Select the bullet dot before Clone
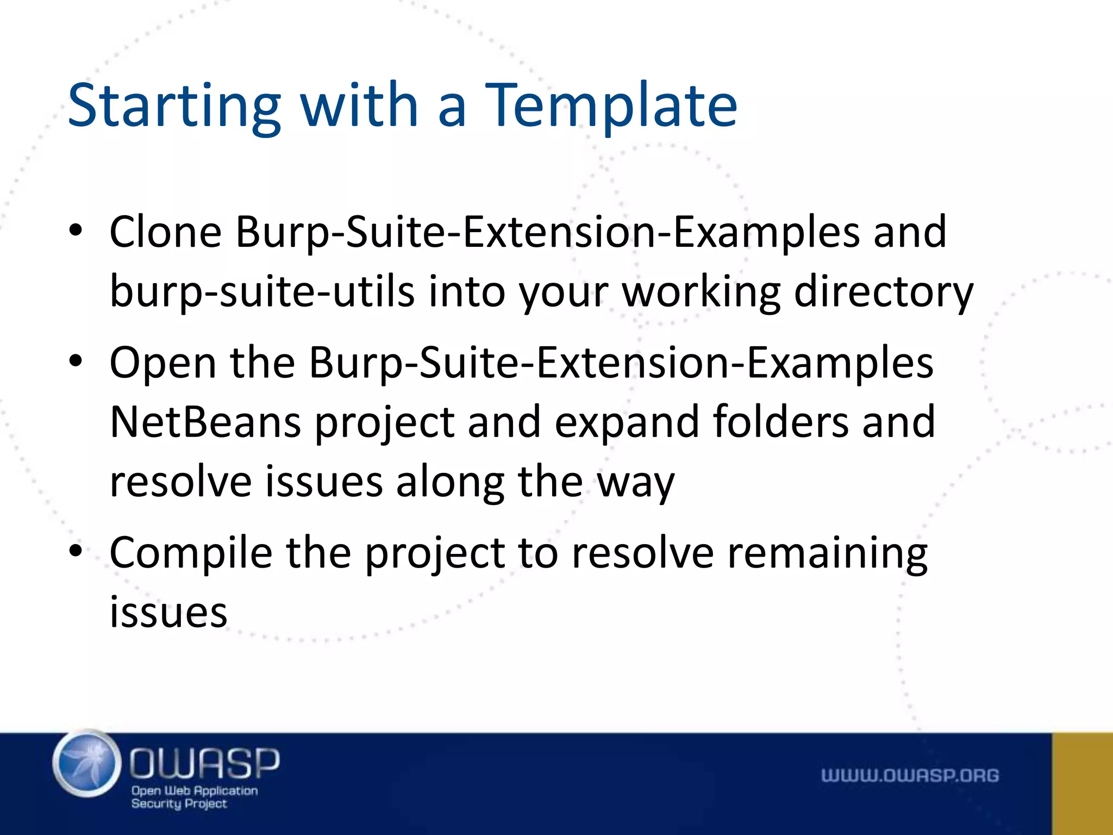(x=76, y=231)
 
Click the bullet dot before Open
(x=76, y=361)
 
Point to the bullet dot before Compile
(x=76, y=551)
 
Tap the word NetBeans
(x=205, y=422)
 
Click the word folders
(x=780, y=422)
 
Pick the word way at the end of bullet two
(x=635, y=483)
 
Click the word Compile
(x=191, y=553)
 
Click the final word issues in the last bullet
(x=168, y=613)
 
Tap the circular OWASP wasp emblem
(x=87, y=764)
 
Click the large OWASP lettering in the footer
(x=204, y=763)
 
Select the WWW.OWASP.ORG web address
(x=910, y=775)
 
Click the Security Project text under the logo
(x=179, y=803)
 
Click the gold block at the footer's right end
(x=1082, y=783)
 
